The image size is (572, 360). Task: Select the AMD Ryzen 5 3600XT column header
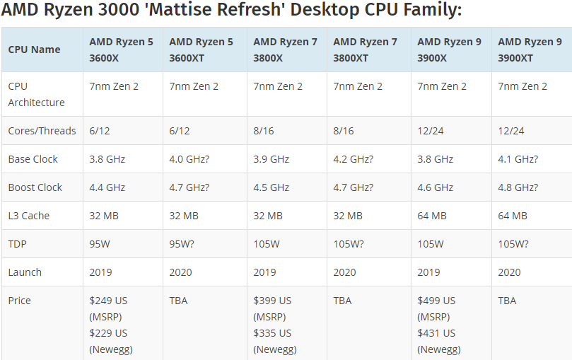tap(201, 50)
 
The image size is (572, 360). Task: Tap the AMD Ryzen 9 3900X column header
tap(449, 50)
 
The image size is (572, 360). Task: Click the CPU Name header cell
tap(34, 50)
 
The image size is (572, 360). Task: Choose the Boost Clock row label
tap(35, 187)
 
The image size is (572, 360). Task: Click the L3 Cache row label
tap(29, 216)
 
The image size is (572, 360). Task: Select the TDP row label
tap(18, 244)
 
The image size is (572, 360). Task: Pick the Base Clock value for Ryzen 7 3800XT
tap(354, 159)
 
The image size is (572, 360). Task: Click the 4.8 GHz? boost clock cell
tap(518, 187)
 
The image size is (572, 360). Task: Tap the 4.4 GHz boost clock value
tap(107, 187)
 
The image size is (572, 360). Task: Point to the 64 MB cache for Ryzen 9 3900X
tap(432, 216)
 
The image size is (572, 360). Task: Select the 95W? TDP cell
tap(185, 244)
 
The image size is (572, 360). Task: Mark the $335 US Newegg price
tap(272, 333)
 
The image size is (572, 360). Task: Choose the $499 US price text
tap(436, 301)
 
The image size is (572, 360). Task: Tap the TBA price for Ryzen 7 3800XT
tap(343, 301)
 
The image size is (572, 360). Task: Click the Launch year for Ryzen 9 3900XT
tap(509, 272)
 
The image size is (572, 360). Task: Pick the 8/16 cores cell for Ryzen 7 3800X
tap(264, 131)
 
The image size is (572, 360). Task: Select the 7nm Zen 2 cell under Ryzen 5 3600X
tap(114, 86)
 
